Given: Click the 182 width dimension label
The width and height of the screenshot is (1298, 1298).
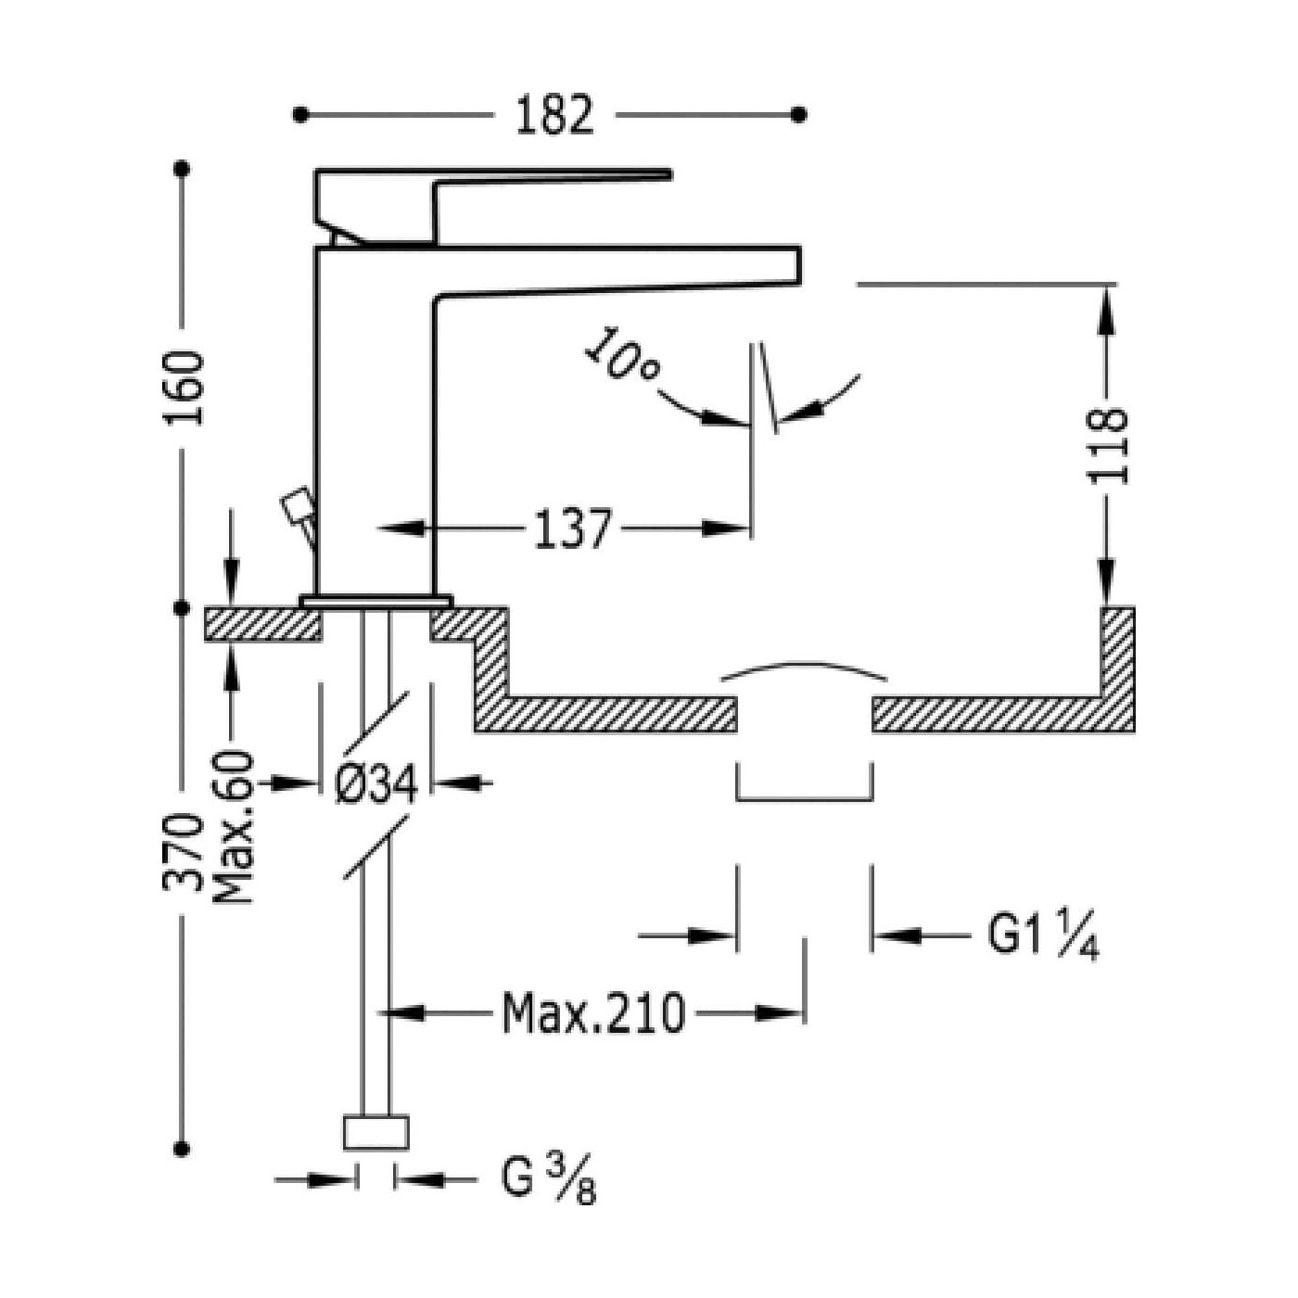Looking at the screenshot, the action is pos(554,115).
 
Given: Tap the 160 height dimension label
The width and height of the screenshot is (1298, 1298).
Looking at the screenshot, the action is pos(184,388).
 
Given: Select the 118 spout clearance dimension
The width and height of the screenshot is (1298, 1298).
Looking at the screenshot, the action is pos(1107,445).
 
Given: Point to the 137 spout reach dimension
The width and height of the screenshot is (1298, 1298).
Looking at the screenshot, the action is pos(572,528).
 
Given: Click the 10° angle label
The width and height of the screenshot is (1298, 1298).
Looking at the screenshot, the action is pos(622,356).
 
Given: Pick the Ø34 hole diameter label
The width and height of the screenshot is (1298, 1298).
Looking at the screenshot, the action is pos(376,783).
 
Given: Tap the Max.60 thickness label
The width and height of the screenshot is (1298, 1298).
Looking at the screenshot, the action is pos(233,827).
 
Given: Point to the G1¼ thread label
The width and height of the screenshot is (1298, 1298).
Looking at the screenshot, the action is pos(1043,935).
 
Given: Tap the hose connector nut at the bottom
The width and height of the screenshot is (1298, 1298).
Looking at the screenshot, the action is pos(375,1132).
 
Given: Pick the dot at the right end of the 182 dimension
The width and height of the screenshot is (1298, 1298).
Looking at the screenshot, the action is pos(799,115).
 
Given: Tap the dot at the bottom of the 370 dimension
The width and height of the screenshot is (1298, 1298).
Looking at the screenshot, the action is pos(181,1148).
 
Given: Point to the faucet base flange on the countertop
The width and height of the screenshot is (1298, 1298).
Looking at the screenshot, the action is pos(376,602).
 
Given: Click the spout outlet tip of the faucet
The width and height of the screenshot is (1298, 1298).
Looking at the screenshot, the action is pos(799,265).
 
